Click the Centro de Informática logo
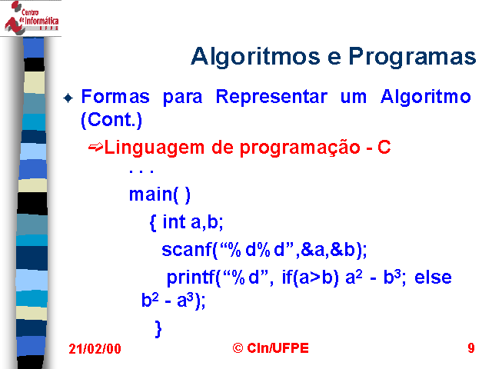[x=31, y=18]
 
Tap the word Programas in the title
[x=412, y=57]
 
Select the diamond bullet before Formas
[x=68, y=98]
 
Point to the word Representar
[x=271, y=97]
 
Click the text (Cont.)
[x=111, y=120]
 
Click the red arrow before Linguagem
[x=95, y=147]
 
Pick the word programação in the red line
[x=300, y=148]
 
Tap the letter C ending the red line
[x=384, y=147]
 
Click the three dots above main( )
[x=141, y=171]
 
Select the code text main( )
[x=160, y=194]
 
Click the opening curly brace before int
[x=153, y=222]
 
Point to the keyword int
[x=174, y=221]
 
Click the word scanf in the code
[x=187, y=250]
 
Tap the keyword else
[x=433, y=278]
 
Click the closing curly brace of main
[x=158, y=329]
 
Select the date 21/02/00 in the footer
[x=95, y=349]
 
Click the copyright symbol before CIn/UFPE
[x=238, y=348]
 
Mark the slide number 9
[x=471, y=348]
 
